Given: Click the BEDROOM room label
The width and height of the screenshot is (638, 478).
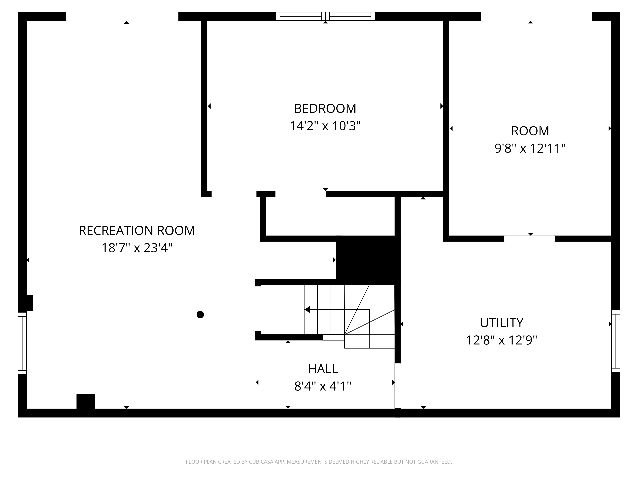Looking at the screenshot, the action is click(325, 109).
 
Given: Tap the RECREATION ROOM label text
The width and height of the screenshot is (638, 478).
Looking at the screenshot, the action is click(137, 231).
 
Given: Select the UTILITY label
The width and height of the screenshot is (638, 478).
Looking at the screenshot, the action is click(502, 323).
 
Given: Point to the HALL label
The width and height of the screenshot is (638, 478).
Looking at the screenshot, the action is click(323, 369).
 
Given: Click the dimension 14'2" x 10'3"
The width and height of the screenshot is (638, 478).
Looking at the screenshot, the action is click(325, 126).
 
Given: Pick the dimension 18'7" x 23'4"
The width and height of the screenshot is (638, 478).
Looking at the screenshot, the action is click(137, 248).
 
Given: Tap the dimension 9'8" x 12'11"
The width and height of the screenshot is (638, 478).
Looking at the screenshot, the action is click(530, 148).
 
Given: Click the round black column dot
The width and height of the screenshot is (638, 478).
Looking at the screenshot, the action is click(200, 315).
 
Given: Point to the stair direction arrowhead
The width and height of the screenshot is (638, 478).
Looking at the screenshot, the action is click(307, 309).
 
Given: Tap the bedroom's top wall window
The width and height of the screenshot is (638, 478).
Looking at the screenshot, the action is click(325, 16).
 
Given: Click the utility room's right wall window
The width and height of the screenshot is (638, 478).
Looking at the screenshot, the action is click(616, 341).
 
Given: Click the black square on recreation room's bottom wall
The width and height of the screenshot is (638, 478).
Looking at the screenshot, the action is click(86, 401).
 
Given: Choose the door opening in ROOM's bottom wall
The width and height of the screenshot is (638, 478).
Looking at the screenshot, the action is click(529, 239).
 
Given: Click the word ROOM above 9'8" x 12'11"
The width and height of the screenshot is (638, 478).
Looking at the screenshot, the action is click(530, 131).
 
